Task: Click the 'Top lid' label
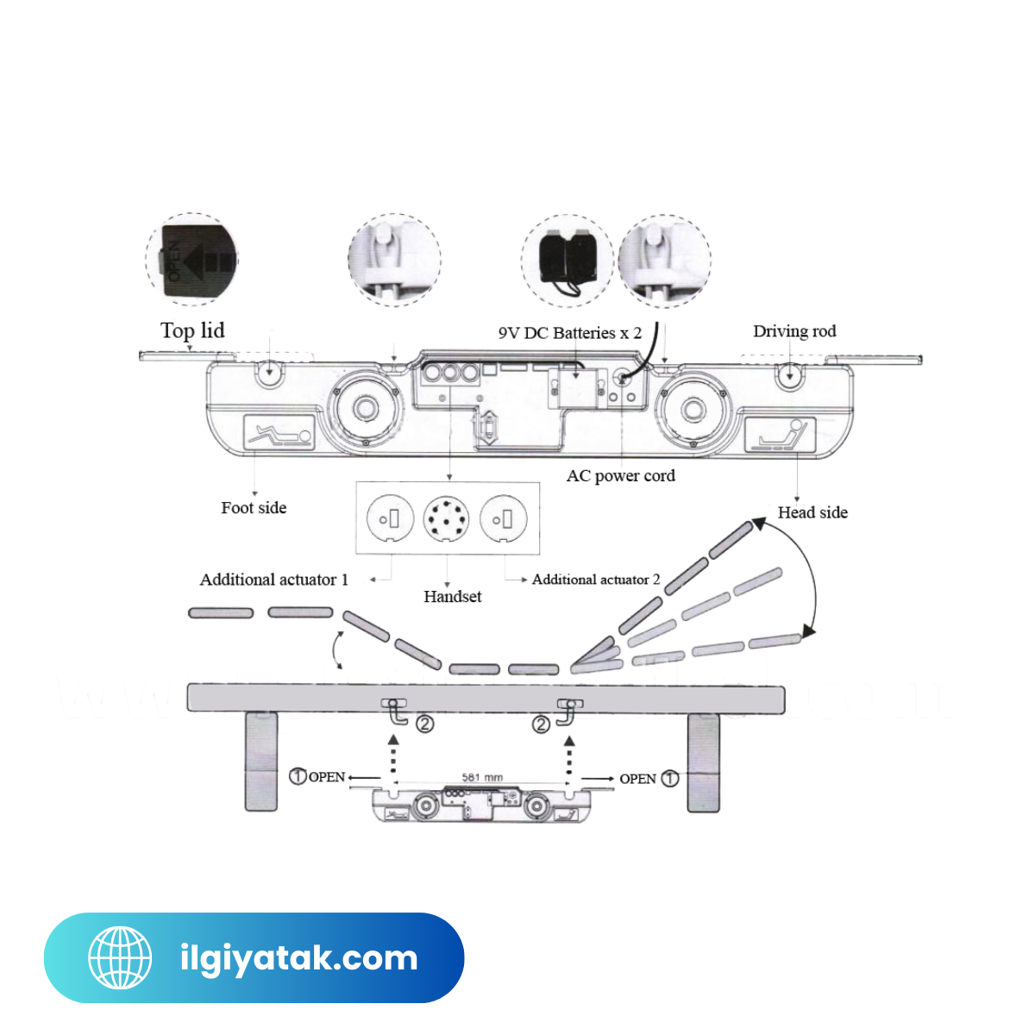192,330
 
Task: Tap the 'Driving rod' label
794,331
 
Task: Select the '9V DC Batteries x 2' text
569,333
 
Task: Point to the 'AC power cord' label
620,475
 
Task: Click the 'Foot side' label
254,508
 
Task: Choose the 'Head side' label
812,512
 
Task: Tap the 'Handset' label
452,596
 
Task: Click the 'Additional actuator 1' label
274,580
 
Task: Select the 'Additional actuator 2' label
596,580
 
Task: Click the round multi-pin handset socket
447,518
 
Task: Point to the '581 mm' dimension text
482,777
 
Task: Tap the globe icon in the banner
120,957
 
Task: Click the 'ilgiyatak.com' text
298,958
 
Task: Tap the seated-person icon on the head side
780,434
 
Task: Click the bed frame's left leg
260,762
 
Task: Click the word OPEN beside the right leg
637,779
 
